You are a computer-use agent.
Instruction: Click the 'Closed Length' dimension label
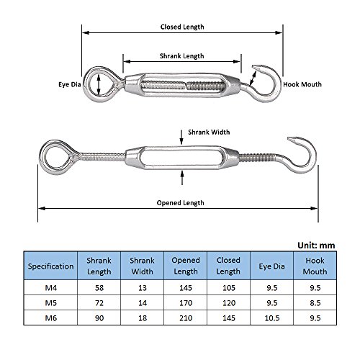click(x=180, y=27)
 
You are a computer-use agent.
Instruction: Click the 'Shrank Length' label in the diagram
click(x=180, y=55)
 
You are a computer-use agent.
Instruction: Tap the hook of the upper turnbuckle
click(x=267, y=78)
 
